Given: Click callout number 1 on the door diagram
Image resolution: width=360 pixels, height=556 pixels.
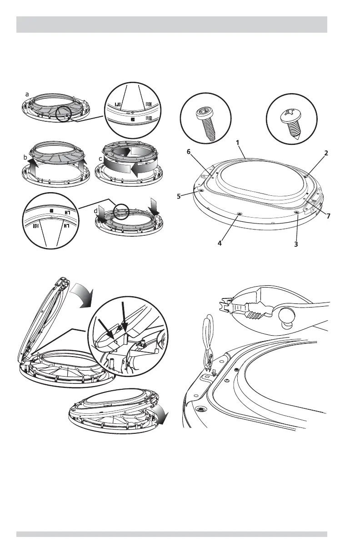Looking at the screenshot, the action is (237, 142).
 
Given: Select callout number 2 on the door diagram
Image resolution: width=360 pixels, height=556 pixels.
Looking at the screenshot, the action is (326, 153).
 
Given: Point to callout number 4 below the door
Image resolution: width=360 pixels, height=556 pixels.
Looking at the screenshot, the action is (220, 243).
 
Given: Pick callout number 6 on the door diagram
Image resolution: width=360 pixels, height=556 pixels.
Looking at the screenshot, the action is (189, 153).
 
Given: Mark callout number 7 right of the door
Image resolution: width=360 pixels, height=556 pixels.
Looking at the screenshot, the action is (328, 216).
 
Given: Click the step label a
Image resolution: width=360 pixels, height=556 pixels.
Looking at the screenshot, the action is (27, 94).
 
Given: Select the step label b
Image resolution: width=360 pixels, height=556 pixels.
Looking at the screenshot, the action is (25, 157).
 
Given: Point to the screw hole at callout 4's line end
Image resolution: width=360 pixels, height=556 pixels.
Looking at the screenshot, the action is (240, 213).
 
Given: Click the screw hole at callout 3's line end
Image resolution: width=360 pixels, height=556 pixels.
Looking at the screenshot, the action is (296, 212).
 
